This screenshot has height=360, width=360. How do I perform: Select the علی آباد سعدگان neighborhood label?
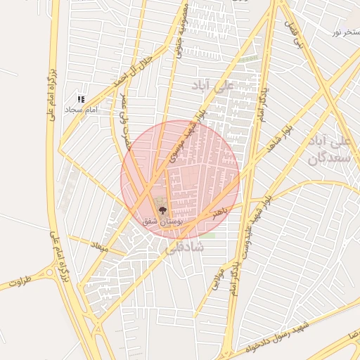(x=329, y=150)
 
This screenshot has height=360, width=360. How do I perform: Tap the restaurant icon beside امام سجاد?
(x=81, y=100)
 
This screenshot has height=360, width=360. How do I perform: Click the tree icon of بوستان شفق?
(x=163, y=210)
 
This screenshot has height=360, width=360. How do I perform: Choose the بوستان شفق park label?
(x=162, y=221)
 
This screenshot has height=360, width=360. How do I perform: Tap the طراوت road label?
(x=21, y=283)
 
